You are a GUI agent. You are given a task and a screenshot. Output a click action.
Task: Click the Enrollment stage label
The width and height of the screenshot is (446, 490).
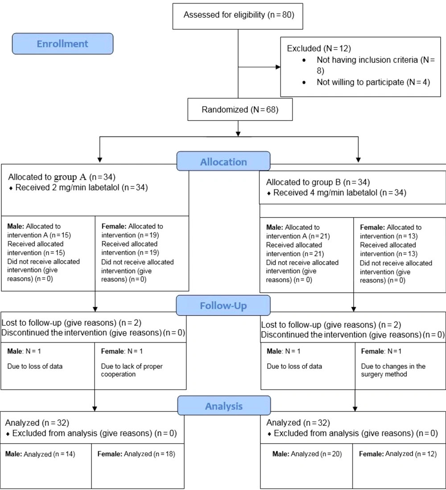point(62,44)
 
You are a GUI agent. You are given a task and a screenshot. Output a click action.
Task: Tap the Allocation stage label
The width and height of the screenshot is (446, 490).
point(223,161)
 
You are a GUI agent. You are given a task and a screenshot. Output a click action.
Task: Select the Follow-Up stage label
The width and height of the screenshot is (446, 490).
point(223,305)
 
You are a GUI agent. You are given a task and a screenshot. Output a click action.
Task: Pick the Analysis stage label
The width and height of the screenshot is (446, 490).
point(224,406)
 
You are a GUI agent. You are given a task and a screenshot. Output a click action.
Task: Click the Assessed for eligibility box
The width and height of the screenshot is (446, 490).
point(238,16)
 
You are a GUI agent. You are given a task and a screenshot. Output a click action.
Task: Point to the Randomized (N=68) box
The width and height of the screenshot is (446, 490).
point(240,109)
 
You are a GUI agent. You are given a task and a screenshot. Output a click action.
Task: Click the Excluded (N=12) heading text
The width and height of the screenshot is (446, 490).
point(319,49)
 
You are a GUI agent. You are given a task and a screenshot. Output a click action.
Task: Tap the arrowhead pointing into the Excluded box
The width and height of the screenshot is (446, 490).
point(278,67)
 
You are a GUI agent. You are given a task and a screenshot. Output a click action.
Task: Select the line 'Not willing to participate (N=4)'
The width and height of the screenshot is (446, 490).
point(373,82)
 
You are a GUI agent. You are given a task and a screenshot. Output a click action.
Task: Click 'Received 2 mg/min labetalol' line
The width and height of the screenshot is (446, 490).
point(82,187)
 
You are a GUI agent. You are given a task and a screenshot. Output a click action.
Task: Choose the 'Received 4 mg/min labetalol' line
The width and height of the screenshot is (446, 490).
point(340,193)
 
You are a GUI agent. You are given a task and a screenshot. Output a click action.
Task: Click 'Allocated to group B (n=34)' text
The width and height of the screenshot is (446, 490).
point(318,182)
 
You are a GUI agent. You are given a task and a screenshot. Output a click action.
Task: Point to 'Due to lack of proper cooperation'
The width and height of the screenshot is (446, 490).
point(132,370)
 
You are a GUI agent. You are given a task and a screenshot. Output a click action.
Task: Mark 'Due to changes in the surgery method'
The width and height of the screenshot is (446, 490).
point(393,370)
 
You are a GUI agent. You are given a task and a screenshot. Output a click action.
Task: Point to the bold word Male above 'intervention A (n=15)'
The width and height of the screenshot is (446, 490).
point(16,226)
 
